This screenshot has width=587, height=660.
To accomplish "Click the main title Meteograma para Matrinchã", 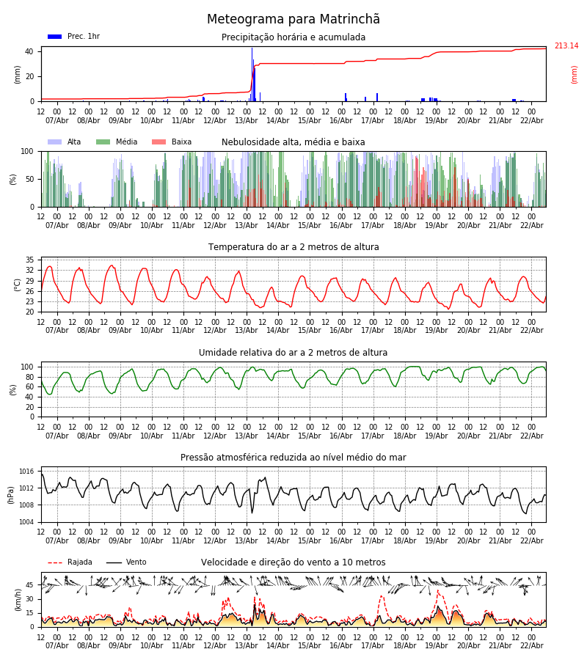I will tap(293, 20).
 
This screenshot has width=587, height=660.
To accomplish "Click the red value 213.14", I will tap(566, 46).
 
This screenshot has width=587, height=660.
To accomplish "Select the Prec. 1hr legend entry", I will tap(73, 37).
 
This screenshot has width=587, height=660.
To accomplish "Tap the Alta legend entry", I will tap(65, 142).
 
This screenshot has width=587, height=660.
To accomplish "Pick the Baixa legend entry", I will tap(172, 142).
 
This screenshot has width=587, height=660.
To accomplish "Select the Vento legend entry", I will tap(126, 562).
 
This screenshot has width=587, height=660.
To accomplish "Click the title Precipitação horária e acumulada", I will tap(293, 37).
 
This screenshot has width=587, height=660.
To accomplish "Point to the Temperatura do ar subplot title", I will tap(293, 247).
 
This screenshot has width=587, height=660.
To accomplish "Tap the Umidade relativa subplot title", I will tap(293, 353).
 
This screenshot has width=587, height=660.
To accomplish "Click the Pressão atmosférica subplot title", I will tap(293, 458).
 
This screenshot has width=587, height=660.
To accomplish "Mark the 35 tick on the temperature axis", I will tap(30, 260).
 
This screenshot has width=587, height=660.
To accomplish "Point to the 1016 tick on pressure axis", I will tap(27, 472).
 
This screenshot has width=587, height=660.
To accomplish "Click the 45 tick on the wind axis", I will tap(30, 585).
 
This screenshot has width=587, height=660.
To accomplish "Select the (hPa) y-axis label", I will tap(12, 494).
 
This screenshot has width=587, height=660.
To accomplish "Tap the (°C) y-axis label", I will tap(18, 285).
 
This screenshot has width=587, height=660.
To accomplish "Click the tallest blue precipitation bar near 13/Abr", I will tap(252, 73).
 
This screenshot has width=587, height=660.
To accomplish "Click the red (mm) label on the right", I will tap(575, 74).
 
